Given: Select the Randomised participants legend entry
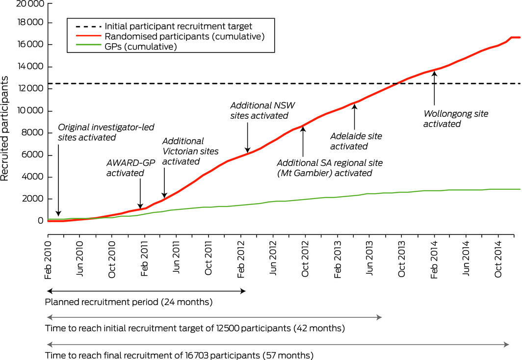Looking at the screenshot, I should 185,36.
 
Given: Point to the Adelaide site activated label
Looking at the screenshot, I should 356,141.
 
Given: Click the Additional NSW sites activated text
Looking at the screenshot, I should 259,110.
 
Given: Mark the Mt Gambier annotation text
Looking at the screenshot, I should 329,167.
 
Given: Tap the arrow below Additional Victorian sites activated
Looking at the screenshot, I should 164,182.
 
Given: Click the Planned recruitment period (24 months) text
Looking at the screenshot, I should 129,302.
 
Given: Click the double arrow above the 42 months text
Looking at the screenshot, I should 213,318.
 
